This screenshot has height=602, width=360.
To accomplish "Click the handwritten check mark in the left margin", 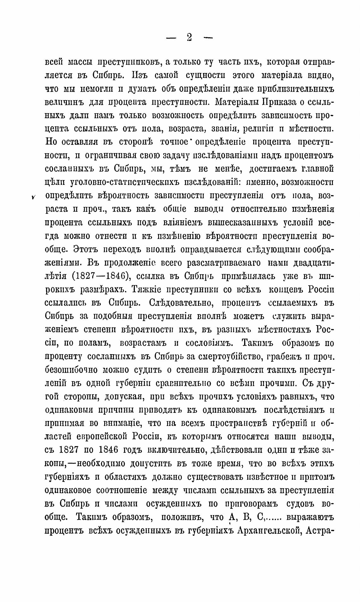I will [33, 197].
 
